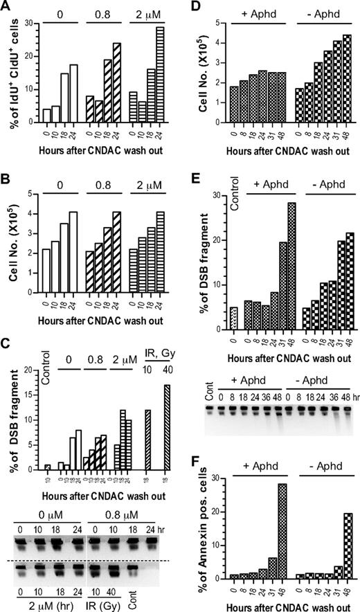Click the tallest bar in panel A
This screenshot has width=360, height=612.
[x=160, y=69]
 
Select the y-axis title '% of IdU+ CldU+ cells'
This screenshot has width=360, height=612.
[x=10, y=66]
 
